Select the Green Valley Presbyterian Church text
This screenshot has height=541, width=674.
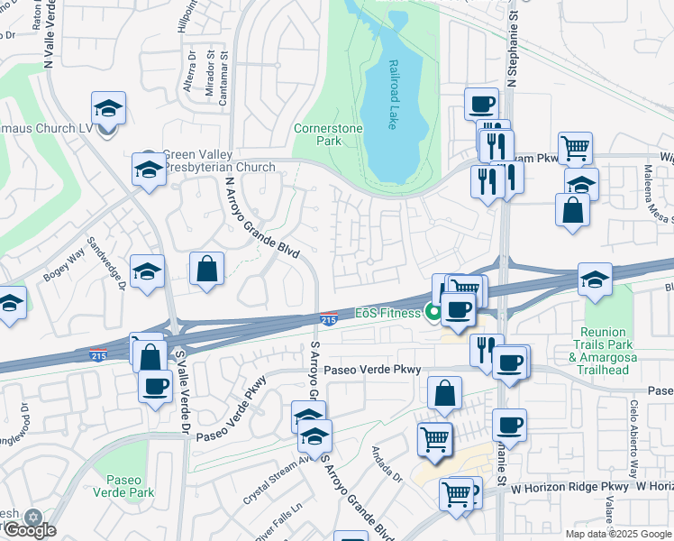coord(218,160)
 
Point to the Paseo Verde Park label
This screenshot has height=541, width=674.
coord(131,485)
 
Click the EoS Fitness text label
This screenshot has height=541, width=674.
coord(387,313)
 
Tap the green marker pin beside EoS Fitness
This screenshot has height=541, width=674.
coord(433,313)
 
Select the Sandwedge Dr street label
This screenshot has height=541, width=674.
coord(105,263)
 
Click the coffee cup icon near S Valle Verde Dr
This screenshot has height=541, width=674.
coord(155,386)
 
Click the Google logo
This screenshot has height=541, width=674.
coord(29,530)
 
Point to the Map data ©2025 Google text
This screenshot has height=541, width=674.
coord(618,534)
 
